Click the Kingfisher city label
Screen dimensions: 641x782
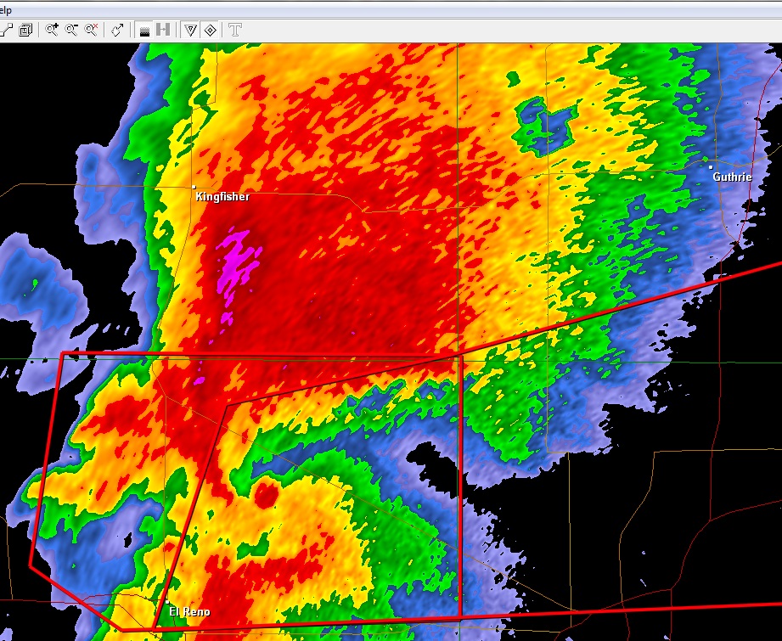(x=222, y=197)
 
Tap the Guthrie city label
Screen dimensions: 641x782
(x=732, y=177)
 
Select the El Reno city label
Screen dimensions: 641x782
(x=188, y=612)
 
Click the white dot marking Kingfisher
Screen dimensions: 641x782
(x=194, y=187)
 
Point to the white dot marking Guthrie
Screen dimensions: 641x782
(x=711, y=167)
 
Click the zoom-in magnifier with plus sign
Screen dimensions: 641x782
(x=52, y=30)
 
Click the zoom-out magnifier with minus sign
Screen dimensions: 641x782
(x=71, y=30)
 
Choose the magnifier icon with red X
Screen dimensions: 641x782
(x=91, y=30)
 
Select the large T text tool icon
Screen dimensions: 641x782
(x=234, y=30)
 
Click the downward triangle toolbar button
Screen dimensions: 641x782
(x=190, y=30)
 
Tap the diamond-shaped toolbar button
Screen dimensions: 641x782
(x=210, y=30)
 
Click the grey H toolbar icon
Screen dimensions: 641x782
(x=163, y=30)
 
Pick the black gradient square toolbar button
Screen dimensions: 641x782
(x=144, y=30)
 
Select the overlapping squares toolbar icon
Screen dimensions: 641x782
(x=25, y=30)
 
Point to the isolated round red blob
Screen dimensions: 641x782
(x=266, y=492)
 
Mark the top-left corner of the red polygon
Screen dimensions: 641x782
(x=64, y=352)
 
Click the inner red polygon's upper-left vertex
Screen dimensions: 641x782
(x=227, y=406)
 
